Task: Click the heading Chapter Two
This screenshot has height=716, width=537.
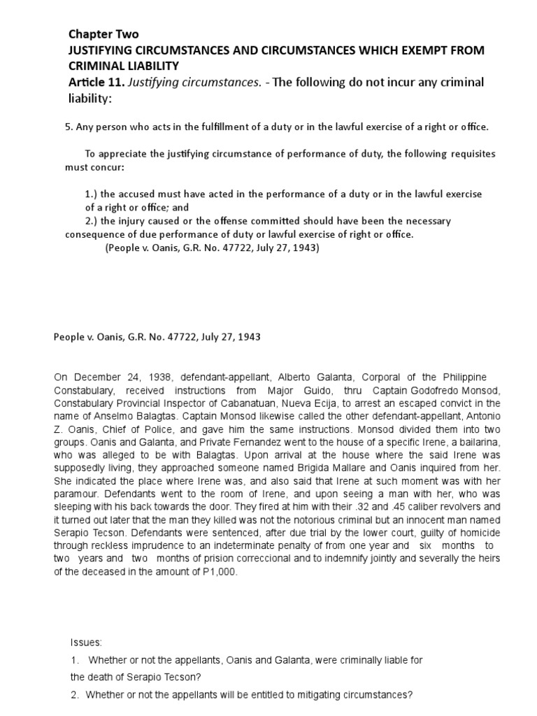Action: [x=103, y=34]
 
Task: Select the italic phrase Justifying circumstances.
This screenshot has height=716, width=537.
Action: [x=178, y=83]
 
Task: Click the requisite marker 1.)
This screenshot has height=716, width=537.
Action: [x=92, y=194]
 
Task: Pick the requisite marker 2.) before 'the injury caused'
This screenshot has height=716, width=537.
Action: [x=92, y=221]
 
